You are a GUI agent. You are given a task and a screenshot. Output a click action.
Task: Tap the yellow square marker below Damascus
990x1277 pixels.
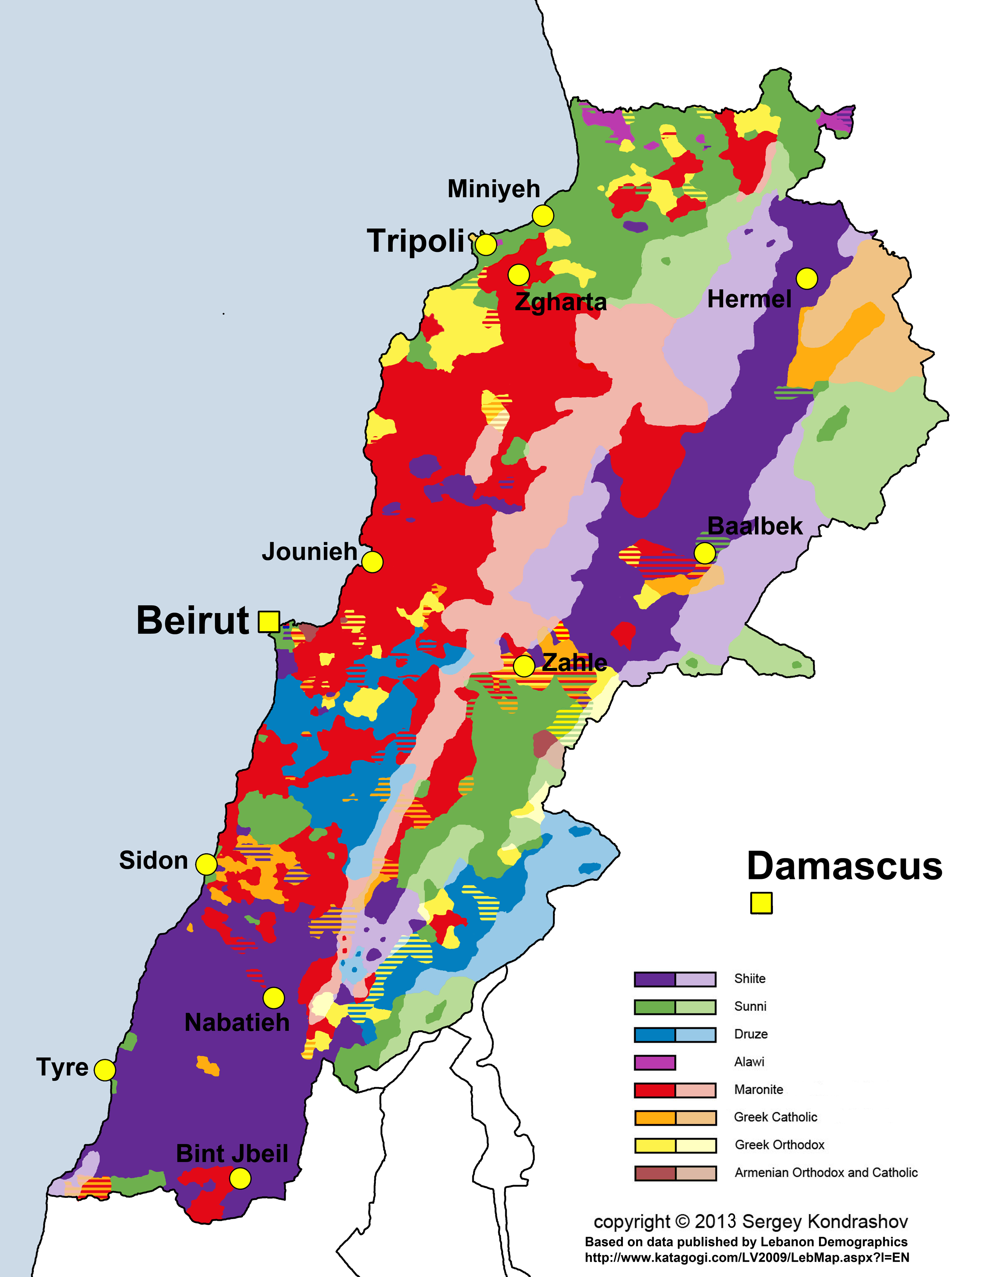761,903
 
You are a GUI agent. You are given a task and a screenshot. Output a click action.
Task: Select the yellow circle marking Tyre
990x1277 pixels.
104,1070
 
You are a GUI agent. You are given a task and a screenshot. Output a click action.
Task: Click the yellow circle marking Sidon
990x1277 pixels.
206,864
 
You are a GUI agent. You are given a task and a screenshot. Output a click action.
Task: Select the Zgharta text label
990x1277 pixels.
560,302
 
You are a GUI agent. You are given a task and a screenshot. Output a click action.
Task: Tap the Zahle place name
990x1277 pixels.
574,662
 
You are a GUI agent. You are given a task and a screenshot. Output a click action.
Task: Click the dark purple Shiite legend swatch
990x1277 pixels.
654,979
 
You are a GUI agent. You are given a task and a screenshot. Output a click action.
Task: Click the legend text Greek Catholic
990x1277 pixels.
775,1117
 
